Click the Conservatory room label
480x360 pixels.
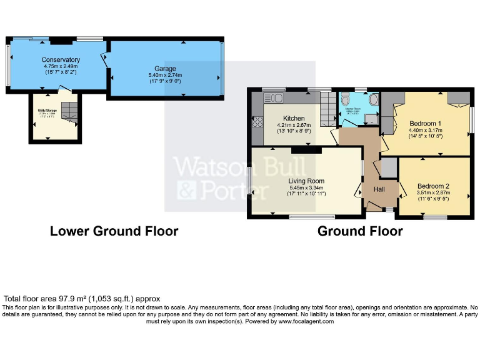point(62,59)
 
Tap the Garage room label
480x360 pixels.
point(165,68)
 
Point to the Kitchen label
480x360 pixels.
point(294,118)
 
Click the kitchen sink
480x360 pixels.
point(273,98)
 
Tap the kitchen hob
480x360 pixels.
point(256,122)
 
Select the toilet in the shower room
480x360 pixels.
point(372,99)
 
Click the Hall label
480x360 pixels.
point(379,189)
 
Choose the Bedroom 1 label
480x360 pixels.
point(426,122)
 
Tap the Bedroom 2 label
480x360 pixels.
point(434,186)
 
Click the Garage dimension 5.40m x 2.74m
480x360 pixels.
point(165,75)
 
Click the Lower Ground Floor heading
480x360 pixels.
point(114,231)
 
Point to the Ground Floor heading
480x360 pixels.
point(360,231)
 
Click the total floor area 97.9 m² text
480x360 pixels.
point(82,299)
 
